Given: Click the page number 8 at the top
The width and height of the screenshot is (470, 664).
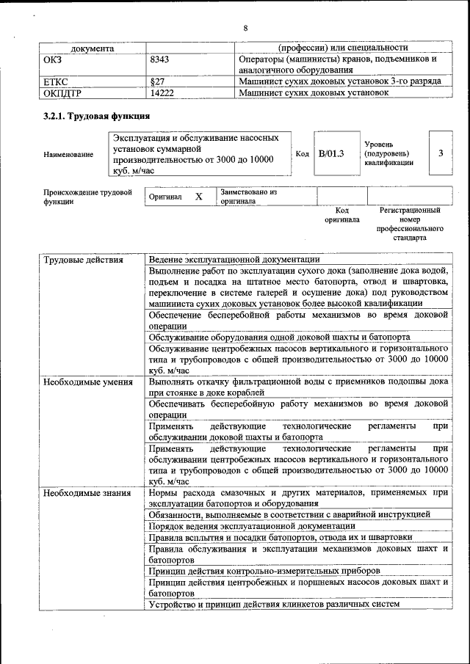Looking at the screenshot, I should click(x=246, y=28).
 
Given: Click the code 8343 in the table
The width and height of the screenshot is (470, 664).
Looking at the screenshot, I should click(x=161, y=59).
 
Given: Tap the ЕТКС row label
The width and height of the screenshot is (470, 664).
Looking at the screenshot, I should click(x=57, y=81).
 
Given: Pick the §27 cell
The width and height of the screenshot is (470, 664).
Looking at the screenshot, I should click(x=156, y=81).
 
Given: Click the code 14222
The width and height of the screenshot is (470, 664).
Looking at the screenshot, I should click(x=162, y=93).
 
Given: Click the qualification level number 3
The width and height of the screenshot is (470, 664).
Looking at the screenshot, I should click(x=440, y=153).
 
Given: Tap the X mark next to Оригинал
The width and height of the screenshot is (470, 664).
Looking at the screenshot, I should click(x=198, y=197).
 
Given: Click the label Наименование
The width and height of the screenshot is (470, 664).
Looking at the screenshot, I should click(x=68, y=154).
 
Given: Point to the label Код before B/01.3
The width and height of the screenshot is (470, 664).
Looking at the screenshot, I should click(x=302, y=153).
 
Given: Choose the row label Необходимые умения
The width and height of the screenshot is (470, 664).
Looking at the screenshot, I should click(x=87, y=382).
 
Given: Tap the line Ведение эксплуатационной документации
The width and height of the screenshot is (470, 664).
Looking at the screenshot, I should click(x=234, y=259).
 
